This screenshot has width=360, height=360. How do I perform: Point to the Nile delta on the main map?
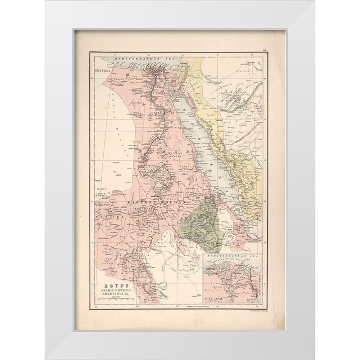[x=157, y=68]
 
